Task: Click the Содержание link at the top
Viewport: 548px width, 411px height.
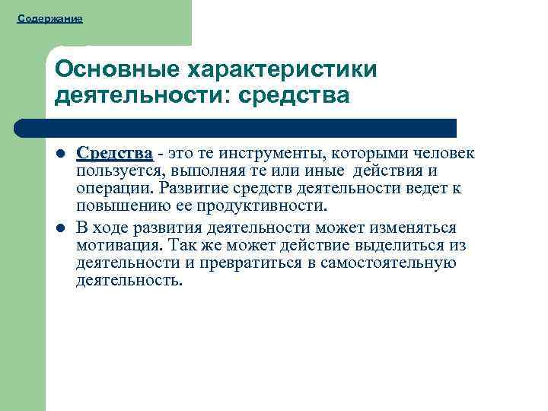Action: tap(50, 18)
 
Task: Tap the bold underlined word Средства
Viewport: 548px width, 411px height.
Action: tap(114, 155)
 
